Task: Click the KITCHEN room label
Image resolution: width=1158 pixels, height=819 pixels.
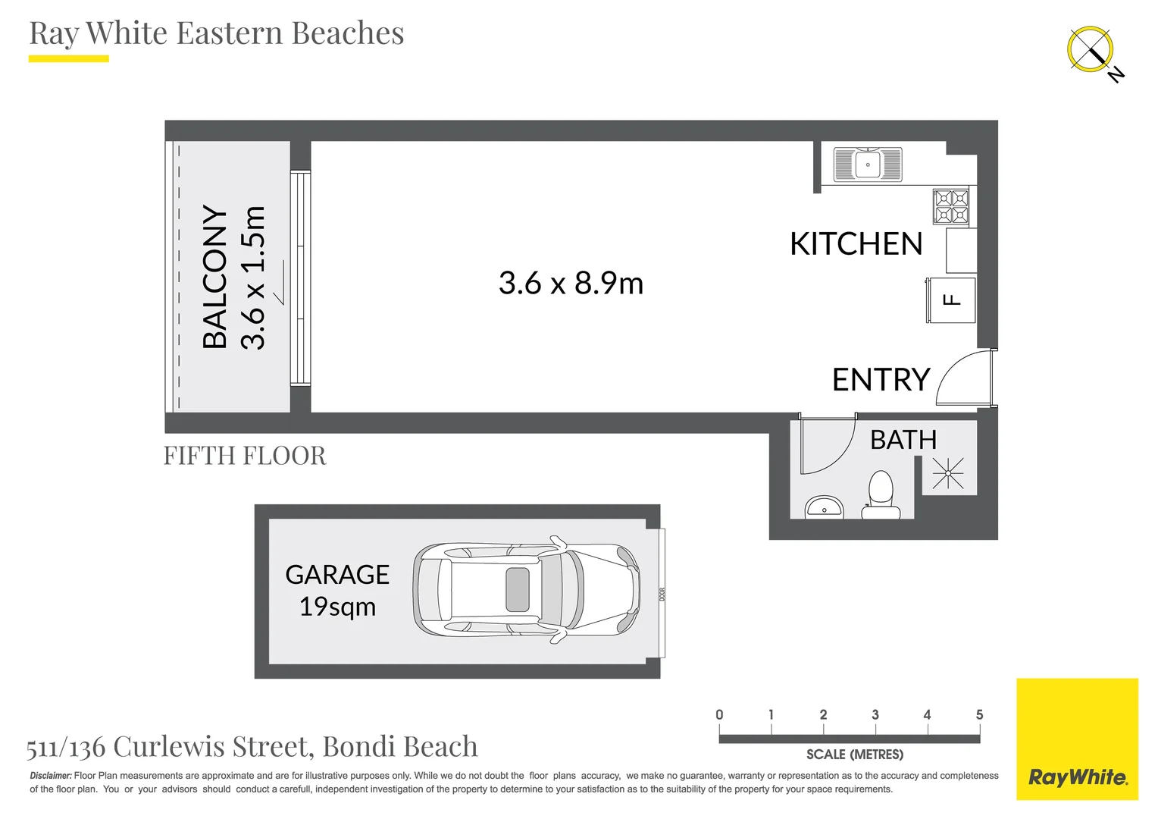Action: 856,243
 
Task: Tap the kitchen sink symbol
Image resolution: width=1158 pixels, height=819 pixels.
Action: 868,165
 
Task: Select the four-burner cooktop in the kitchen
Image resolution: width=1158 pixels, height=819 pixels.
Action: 950,206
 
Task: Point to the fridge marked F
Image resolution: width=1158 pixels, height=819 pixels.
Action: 950,300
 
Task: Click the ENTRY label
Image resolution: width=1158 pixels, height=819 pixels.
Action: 881,379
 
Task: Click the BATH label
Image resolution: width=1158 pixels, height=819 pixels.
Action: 903,440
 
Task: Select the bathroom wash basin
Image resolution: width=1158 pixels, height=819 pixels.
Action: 824,507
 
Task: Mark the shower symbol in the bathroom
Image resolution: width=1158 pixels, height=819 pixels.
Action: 947,473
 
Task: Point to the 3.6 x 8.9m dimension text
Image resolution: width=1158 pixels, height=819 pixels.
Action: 571,283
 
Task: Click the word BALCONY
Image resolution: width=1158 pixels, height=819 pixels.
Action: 214,277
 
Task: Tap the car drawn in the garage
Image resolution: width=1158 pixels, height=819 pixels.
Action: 526,590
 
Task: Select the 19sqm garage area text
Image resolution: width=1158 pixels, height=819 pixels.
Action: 337,607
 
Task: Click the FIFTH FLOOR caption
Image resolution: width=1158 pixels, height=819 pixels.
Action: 245,456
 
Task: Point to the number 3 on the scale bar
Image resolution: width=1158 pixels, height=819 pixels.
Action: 875,714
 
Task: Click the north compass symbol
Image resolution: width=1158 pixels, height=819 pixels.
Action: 1091,50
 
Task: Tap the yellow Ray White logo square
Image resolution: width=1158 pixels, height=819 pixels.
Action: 1078,739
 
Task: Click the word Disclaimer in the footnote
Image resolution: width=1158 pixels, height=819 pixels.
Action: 51,776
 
